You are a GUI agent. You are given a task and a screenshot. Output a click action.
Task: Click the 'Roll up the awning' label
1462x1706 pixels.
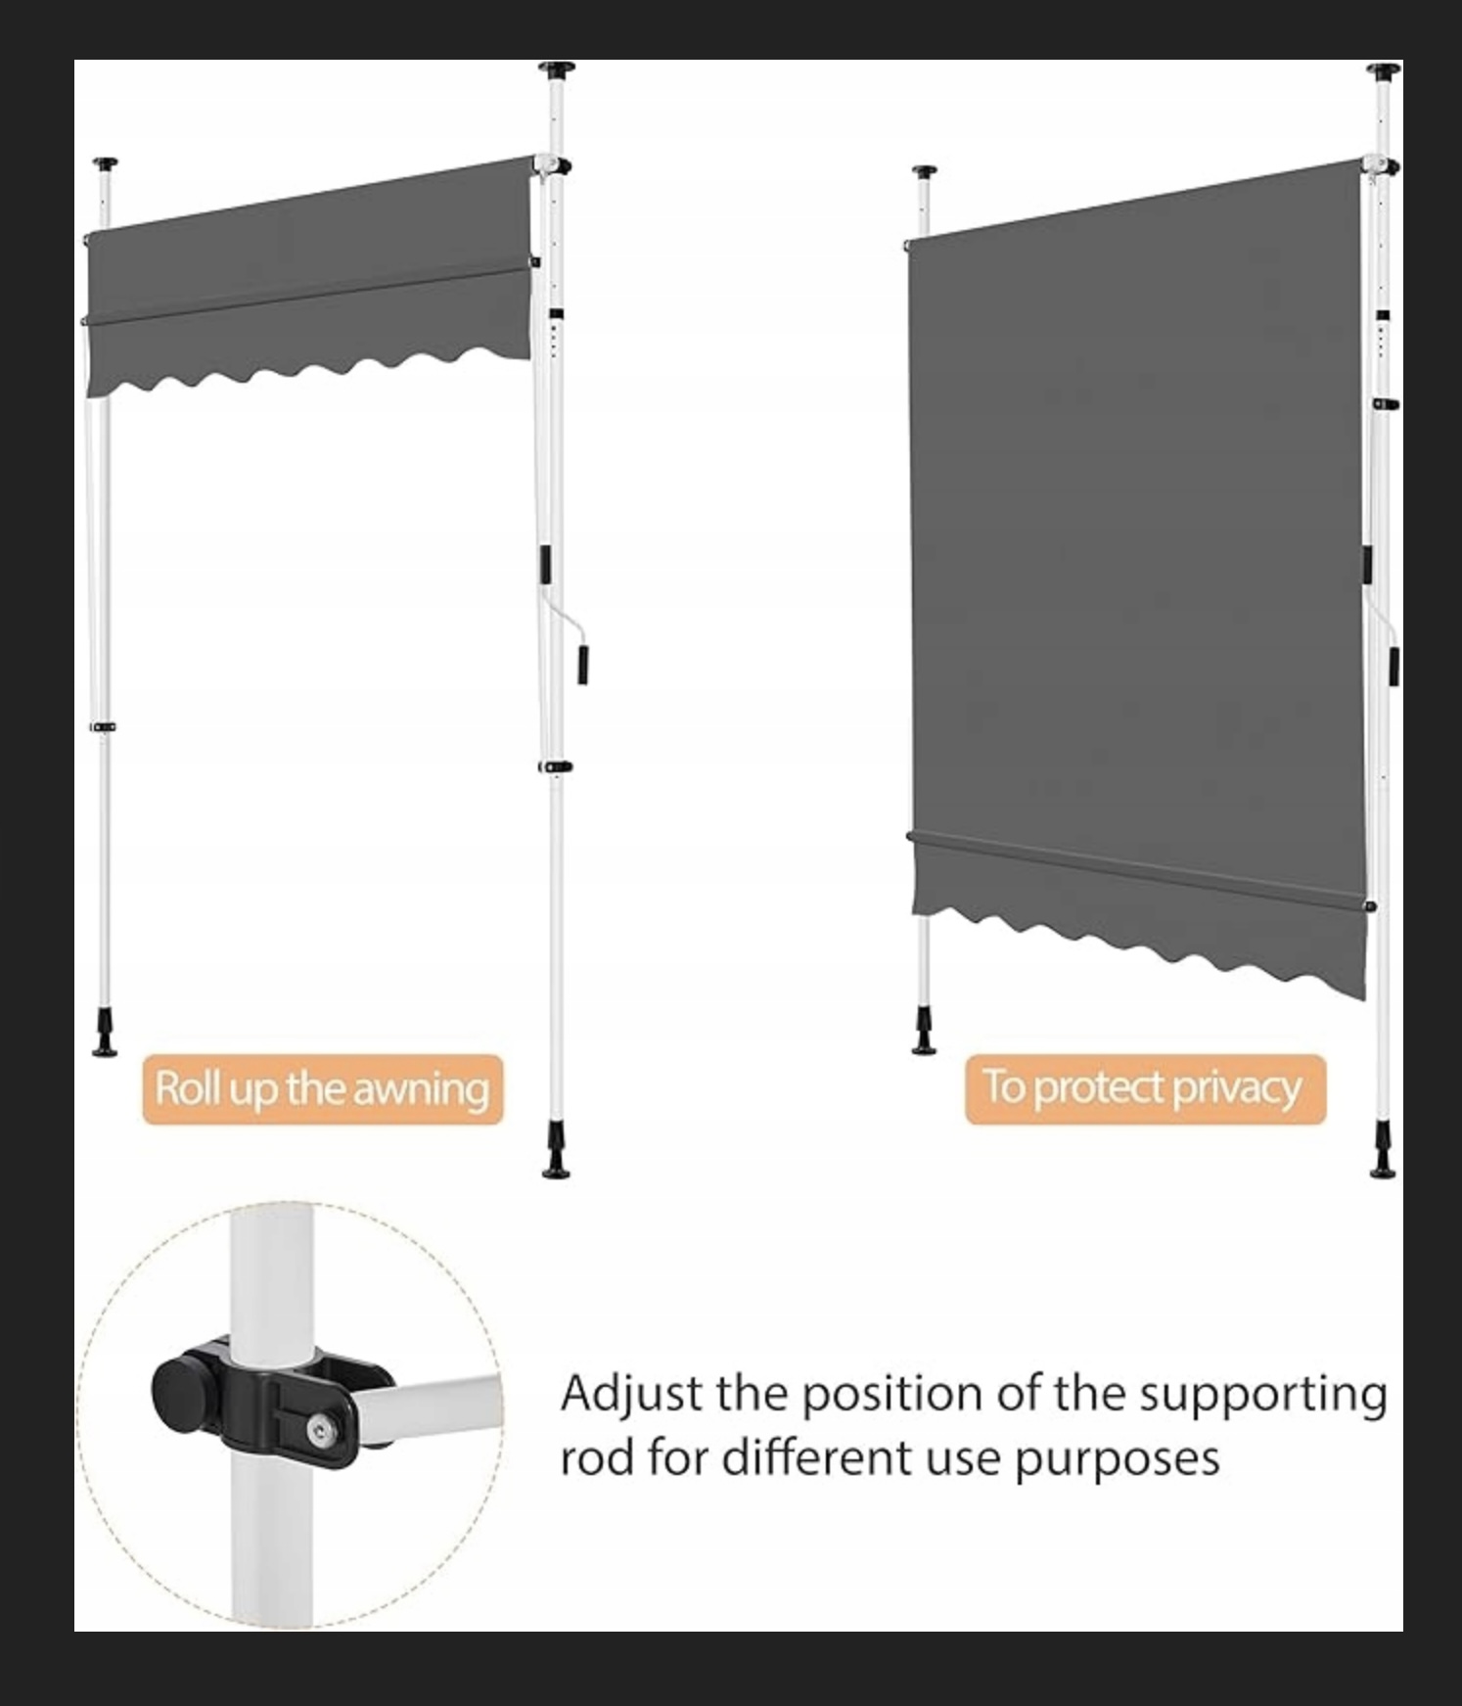[x=323, y=1089]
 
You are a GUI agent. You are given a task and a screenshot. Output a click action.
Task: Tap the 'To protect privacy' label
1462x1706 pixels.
[x=1145, y=1088]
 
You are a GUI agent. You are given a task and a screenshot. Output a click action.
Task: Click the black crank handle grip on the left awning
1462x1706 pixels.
[x=582, y=665]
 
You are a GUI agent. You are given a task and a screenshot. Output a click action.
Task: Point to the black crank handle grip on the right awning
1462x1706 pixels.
[x=1393, y=666]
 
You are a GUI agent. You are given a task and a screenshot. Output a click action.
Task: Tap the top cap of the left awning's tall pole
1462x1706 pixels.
[x=556, y=70]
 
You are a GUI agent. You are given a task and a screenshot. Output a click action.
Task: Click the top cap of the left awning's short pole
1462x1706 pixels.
[x=106, y=164]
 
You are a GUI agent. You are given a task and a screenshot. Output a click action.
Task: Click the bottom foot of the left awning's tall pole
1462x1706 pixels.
[x=557, y=1156]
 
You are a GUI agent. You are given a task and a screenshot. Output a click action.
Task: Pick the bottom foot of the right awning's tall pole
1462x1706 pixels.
[x=1383, y=1156]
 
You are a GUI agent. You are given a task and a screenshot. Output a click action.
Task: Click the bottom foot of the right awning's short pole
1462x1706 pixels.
[x=924, y=1034]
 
